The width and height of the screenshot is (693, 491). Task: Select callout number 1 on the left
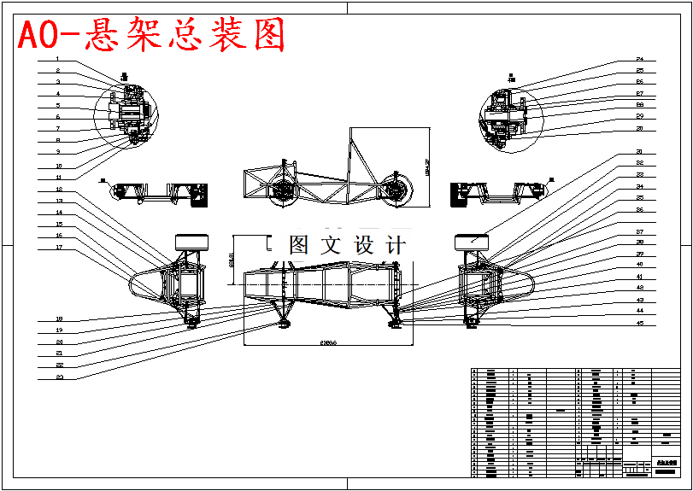click(58, 59)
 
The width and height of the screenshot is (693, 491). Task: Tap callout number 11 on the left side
click(58, 177)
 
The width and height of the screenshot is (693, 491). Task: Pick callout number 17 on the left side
click(58, 248)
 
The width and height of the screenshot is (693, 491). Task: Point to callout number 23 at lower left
click(59, 377)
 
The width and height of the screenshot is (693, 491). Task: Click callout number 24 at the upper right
click(639, 59)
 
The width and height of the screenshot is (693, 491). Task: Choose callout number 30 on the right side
click(639, 128)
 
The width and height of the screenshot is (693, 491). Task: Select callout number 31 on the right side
click(639, 151)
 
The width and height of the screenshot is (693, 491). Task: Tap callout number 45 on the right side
click(639, 324)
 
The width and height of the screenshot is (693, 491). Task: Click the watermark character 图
click(299, 245)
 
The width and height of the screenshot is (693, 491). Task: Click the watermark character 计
click(396, 245)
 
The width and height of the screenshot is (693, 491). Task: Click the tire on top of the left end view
click(191, 241)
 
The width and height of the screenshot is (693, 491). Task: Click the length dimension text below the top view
click(328, 342)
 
